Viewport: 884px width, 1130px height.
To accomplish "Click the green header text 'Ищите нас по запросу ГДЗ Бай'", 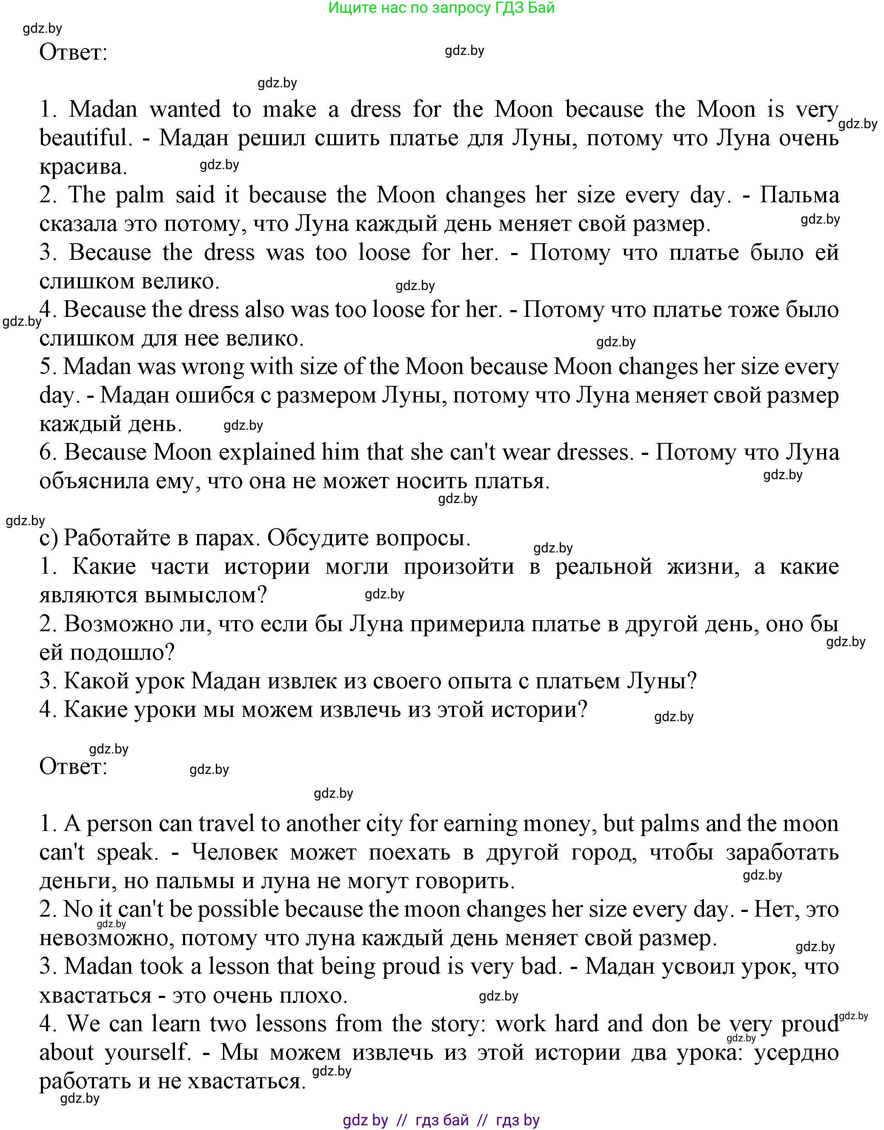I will point(441,8).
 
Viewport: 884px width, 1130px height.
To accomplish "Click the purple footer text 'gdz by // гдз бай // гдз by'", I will point(441,1120).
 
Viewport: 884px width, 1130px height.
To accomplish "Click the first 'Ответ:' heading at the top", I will point(74,52).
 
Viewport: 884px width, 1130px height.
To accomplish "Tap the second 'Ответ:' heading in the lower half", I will point(74,766).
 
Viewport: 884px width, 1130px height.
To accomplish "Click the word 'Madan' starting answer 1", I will point(103,109).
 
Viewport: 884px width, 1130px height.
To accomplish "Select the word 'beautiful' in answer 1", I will point(83,138).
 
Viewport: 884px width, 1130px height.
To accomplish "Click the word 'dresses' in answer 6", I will point(594,452).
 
